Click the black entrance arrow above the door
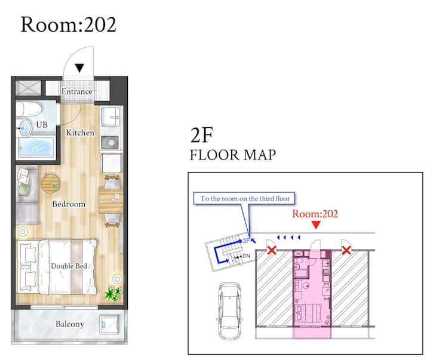click(x=79, y=68)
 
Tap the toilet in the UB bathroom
click(x=29, y=109)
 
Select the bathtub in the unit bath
click(x=36, y=147)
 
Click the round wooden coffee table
click(x=50, y=183)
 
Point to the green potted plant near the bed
click(x=113, y=294)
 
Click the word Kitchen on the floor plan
click(x=80, y=133)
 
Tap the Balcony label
click(x=70, y=324)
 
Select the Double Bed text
click(x=69, y=266)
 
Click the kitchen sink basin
click(x=110, y=116)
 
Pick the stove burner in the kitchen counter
click(x=111, y=142)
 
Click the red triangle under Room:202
click(x=316, y=225)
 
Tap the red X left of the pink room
click(x=272, y=250)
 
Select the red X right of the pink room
click(x=346, y=250)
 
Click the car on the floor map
click(x=230, y=311)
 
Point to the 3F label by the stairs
click(x=246, y=241)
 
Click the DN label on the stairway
click(x=246, y=256)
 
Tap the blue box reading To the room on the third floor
click(x=244, y=198)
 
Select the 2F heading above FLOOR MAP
click(x=202, y=135)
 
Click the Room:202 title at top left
click(x=68, y=24)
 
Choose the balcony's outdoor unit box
click(x=109, y=325)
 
